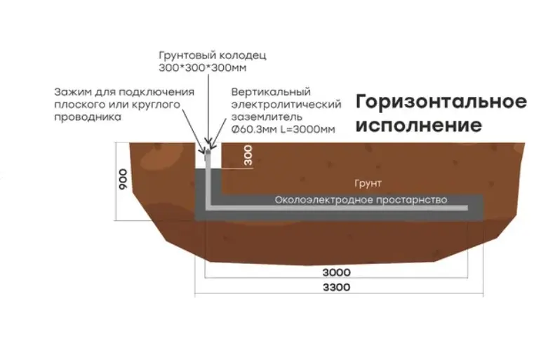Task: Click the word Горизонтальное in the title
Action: coord(441,102)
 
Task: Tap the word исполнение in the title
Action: coord(419,126)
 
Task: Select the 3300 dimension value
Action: coord(339,288)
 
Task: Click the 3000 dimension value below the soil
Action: coord(338,271)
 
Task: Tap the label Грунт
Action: coord(368,183)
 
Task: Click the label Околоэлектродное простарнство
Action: coord(361,199)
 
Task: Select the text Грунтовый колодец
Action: coord(203,55)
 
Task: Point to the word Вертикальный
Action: coord(271,93)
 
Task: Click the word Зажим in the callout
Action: coord(70,93)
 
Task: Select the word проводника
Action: coord(82,118)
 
